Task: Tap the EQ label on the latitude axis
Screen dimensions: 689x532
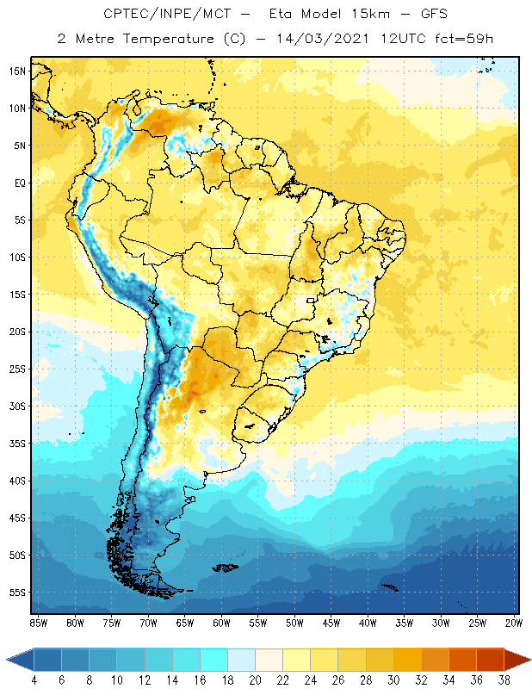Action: coord(19,183)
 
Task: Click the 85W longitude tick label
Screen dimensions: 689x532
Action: coord(39,622)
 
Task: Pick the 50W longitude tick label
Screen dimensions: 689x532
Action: coord(295,622)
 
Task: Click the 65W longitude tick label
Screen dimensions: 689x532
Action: coord(185,622)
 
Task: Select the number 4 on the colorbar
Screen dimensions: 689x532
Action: coord(34,680)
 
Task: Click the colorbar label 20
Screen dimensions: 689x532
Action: coord(255,680)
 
